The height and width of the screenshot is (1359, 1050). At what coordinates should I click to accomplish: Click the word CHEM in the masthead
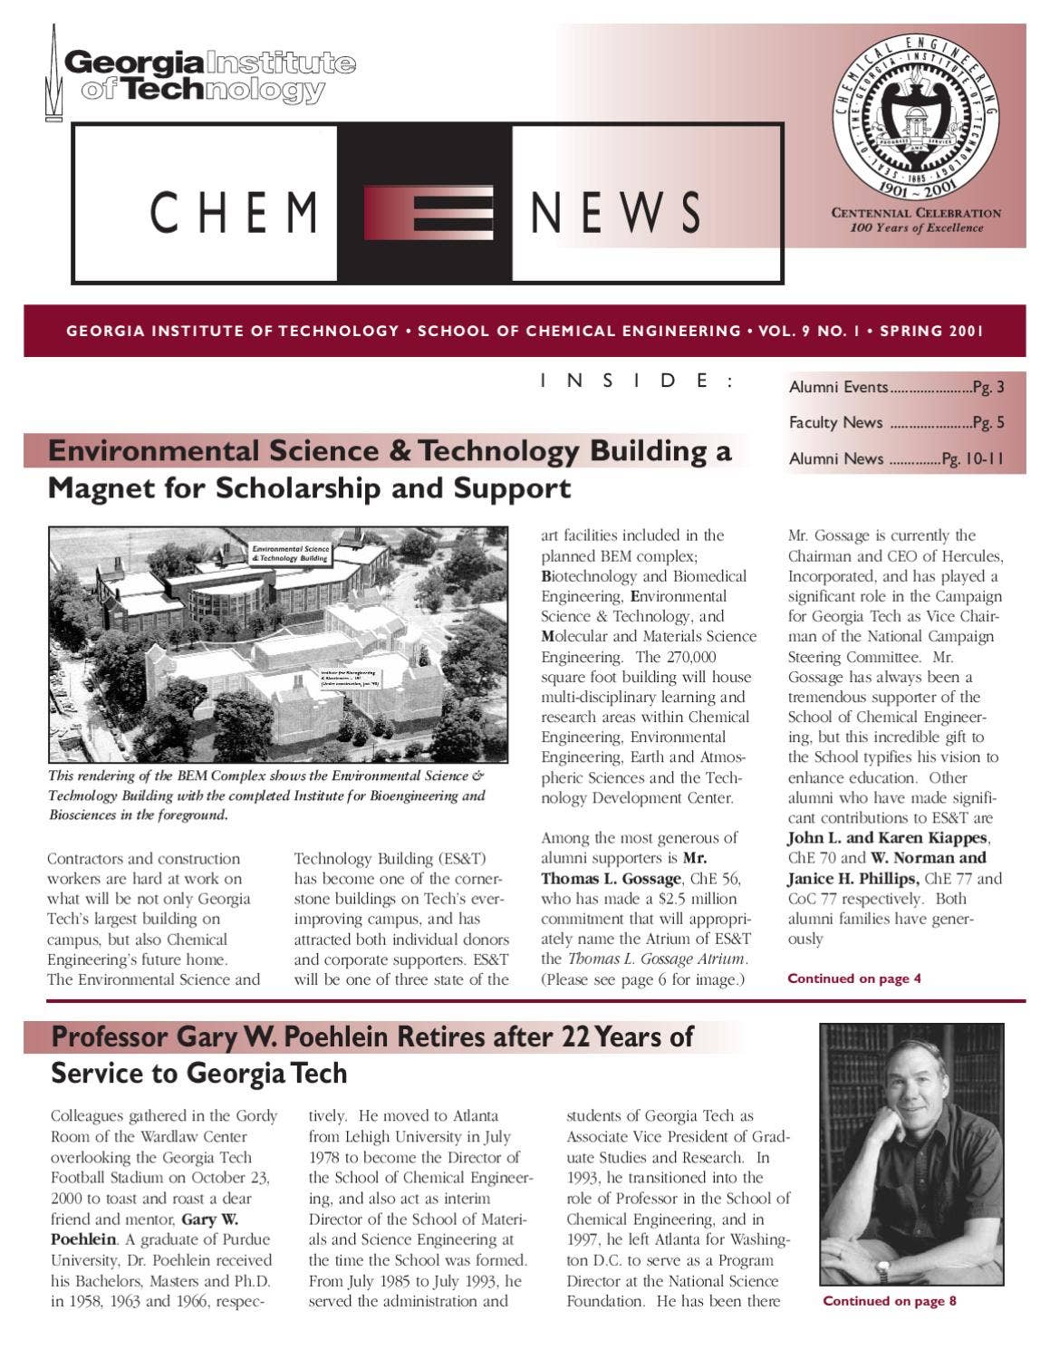tap(234, 212)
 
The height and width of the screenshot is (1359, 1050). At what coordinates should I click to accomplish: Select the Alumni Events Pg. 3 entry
tap(896, 388)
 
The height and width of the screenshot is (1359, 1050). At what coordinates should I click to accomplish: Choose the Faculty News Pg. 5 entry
tap(896, 422)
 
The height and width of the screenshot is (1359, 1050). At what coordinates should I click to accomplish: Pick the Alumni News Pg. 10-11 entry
tap(896, 458)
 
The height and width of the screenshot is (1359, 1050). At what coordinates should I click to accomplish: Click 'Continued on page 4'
tap(853, 978)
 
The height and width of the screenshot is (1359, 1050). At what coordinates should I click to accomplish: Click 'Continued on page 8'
tap(889, 1301)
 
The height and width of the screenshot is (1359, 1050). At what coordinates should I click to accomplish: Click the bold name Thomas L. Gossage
tap(611, 879)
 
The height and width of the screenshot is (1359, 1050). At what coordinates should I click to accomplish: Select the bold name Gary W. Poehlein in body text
tap(145, 1229)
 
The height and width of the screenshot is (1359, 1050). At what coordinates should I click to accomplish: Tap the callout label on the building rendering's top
tap(290, 554)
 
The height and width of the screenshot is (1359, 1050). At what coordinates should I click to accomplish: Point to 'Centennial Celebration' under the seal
tap(916, 214)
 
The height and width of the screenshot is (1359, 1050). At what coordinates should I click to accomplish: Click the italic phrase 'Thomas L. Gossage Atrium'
tap(658, 959)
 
